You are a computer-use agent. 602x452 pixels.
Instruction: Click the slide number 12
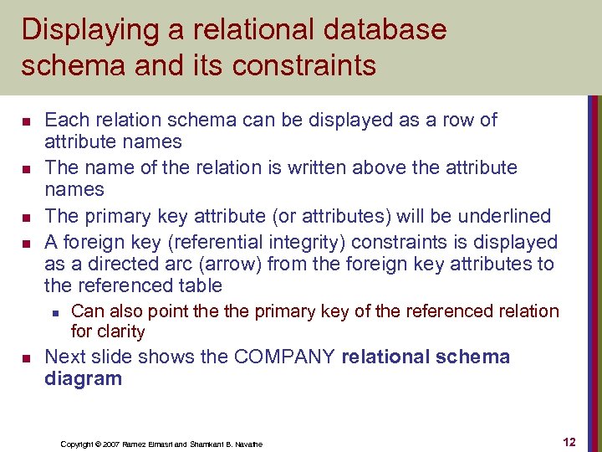click(569, 441)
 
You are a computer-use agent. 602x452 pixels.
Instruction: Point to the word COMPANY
click(286, 357)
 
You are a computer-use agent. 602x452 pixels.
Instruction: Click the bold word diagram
click(83, 378)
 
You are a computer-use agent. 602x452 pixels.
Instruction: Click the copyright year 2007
click(111, 444)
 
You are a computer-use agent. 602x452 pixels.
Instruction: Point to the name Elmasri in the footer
click(166, 444)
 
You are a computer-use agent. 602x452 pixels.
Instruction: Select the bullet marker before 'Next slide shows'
click(26, 358)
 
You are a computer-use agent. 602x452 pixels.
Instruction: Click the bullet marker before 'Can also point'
click(54, 312)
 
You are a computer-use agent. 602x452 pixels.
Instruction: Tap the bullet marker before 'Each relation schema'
click(26, 121)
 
